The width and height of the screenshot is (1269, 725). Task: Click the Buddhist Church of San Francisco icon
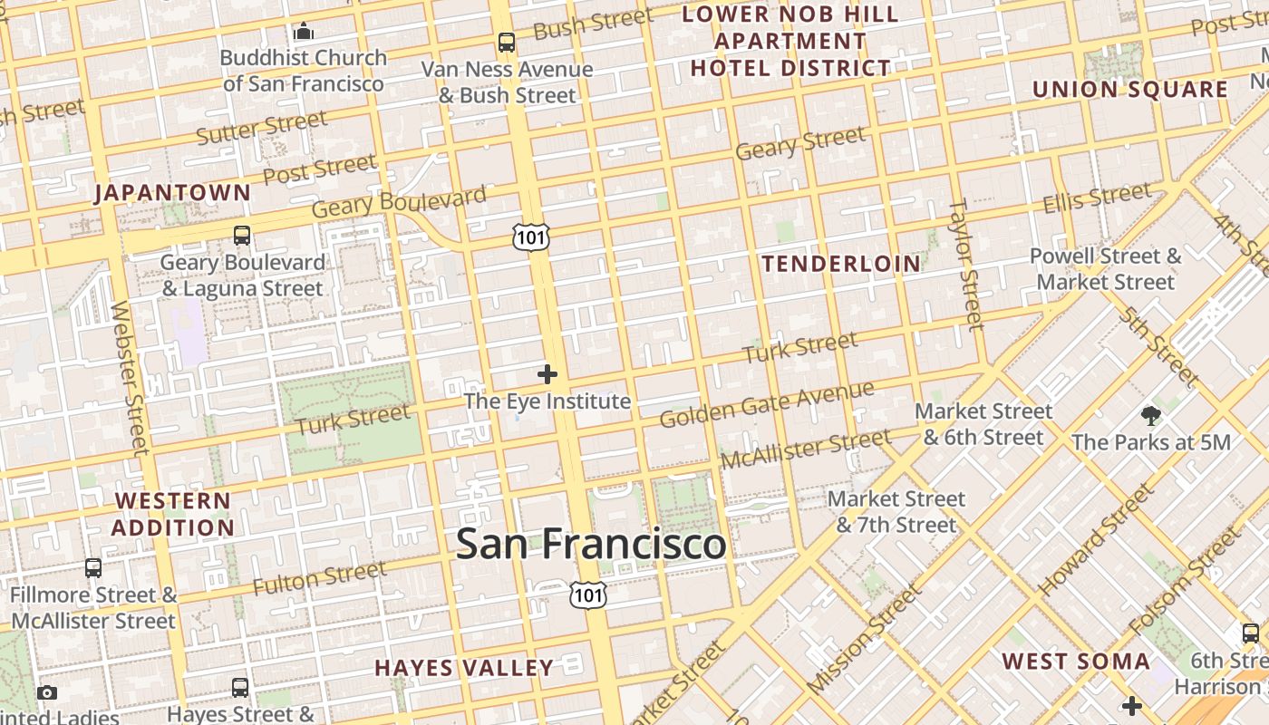[x=303, y=32]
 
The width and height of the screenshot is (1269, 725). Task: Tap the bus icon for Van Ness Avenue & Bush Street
[x=506, y=42]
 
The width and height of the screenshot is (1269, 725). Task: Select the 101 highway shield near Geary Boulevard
[x=530, y=237]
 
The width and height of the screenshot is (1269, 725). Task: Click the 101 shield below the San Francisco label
[x=588, y=594]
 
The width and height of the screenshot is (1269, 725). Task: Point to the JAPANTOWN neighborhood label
[x=172, y=192]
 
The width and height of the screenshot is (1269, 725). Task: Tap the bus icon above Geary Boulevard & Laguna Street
[x=242, y=236]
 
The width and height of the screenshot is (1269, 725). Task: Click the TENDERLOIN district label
[x=841, y=264]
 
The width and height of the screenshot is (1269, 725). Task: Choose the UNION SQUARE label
[x=1130, y=90]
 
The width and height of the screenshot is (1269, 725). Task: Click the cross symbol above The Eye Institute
[x=547, y=373]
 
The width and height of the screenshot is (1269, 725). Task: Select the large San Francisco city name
[x=591, y=544]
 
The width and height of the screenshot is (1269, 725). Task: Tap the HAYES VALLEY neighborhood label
[x=464, y=668]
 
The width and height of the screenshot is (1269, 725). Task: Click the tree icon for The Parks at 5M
[x=1151, y=416]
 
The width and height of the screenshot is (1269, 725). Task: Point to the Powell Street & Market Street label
[x=1105, y=269]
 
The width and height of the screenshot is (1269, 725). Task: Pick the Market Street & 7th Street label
[x=896, y=512]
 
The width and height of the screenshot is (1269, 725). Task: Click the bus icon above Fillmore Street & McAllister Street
[x=93, y=568]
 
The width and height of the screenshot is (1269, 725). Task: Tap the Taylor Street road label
[x=965, y=265]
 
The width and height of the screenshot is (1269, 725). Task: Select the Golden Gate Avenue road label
[x=767, y=404]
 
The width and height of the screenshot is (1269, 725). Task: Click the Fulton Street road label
[x=319, y=578]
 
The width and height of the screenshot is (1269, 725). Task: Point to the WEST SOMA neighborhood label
[x=1076, y=661]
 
